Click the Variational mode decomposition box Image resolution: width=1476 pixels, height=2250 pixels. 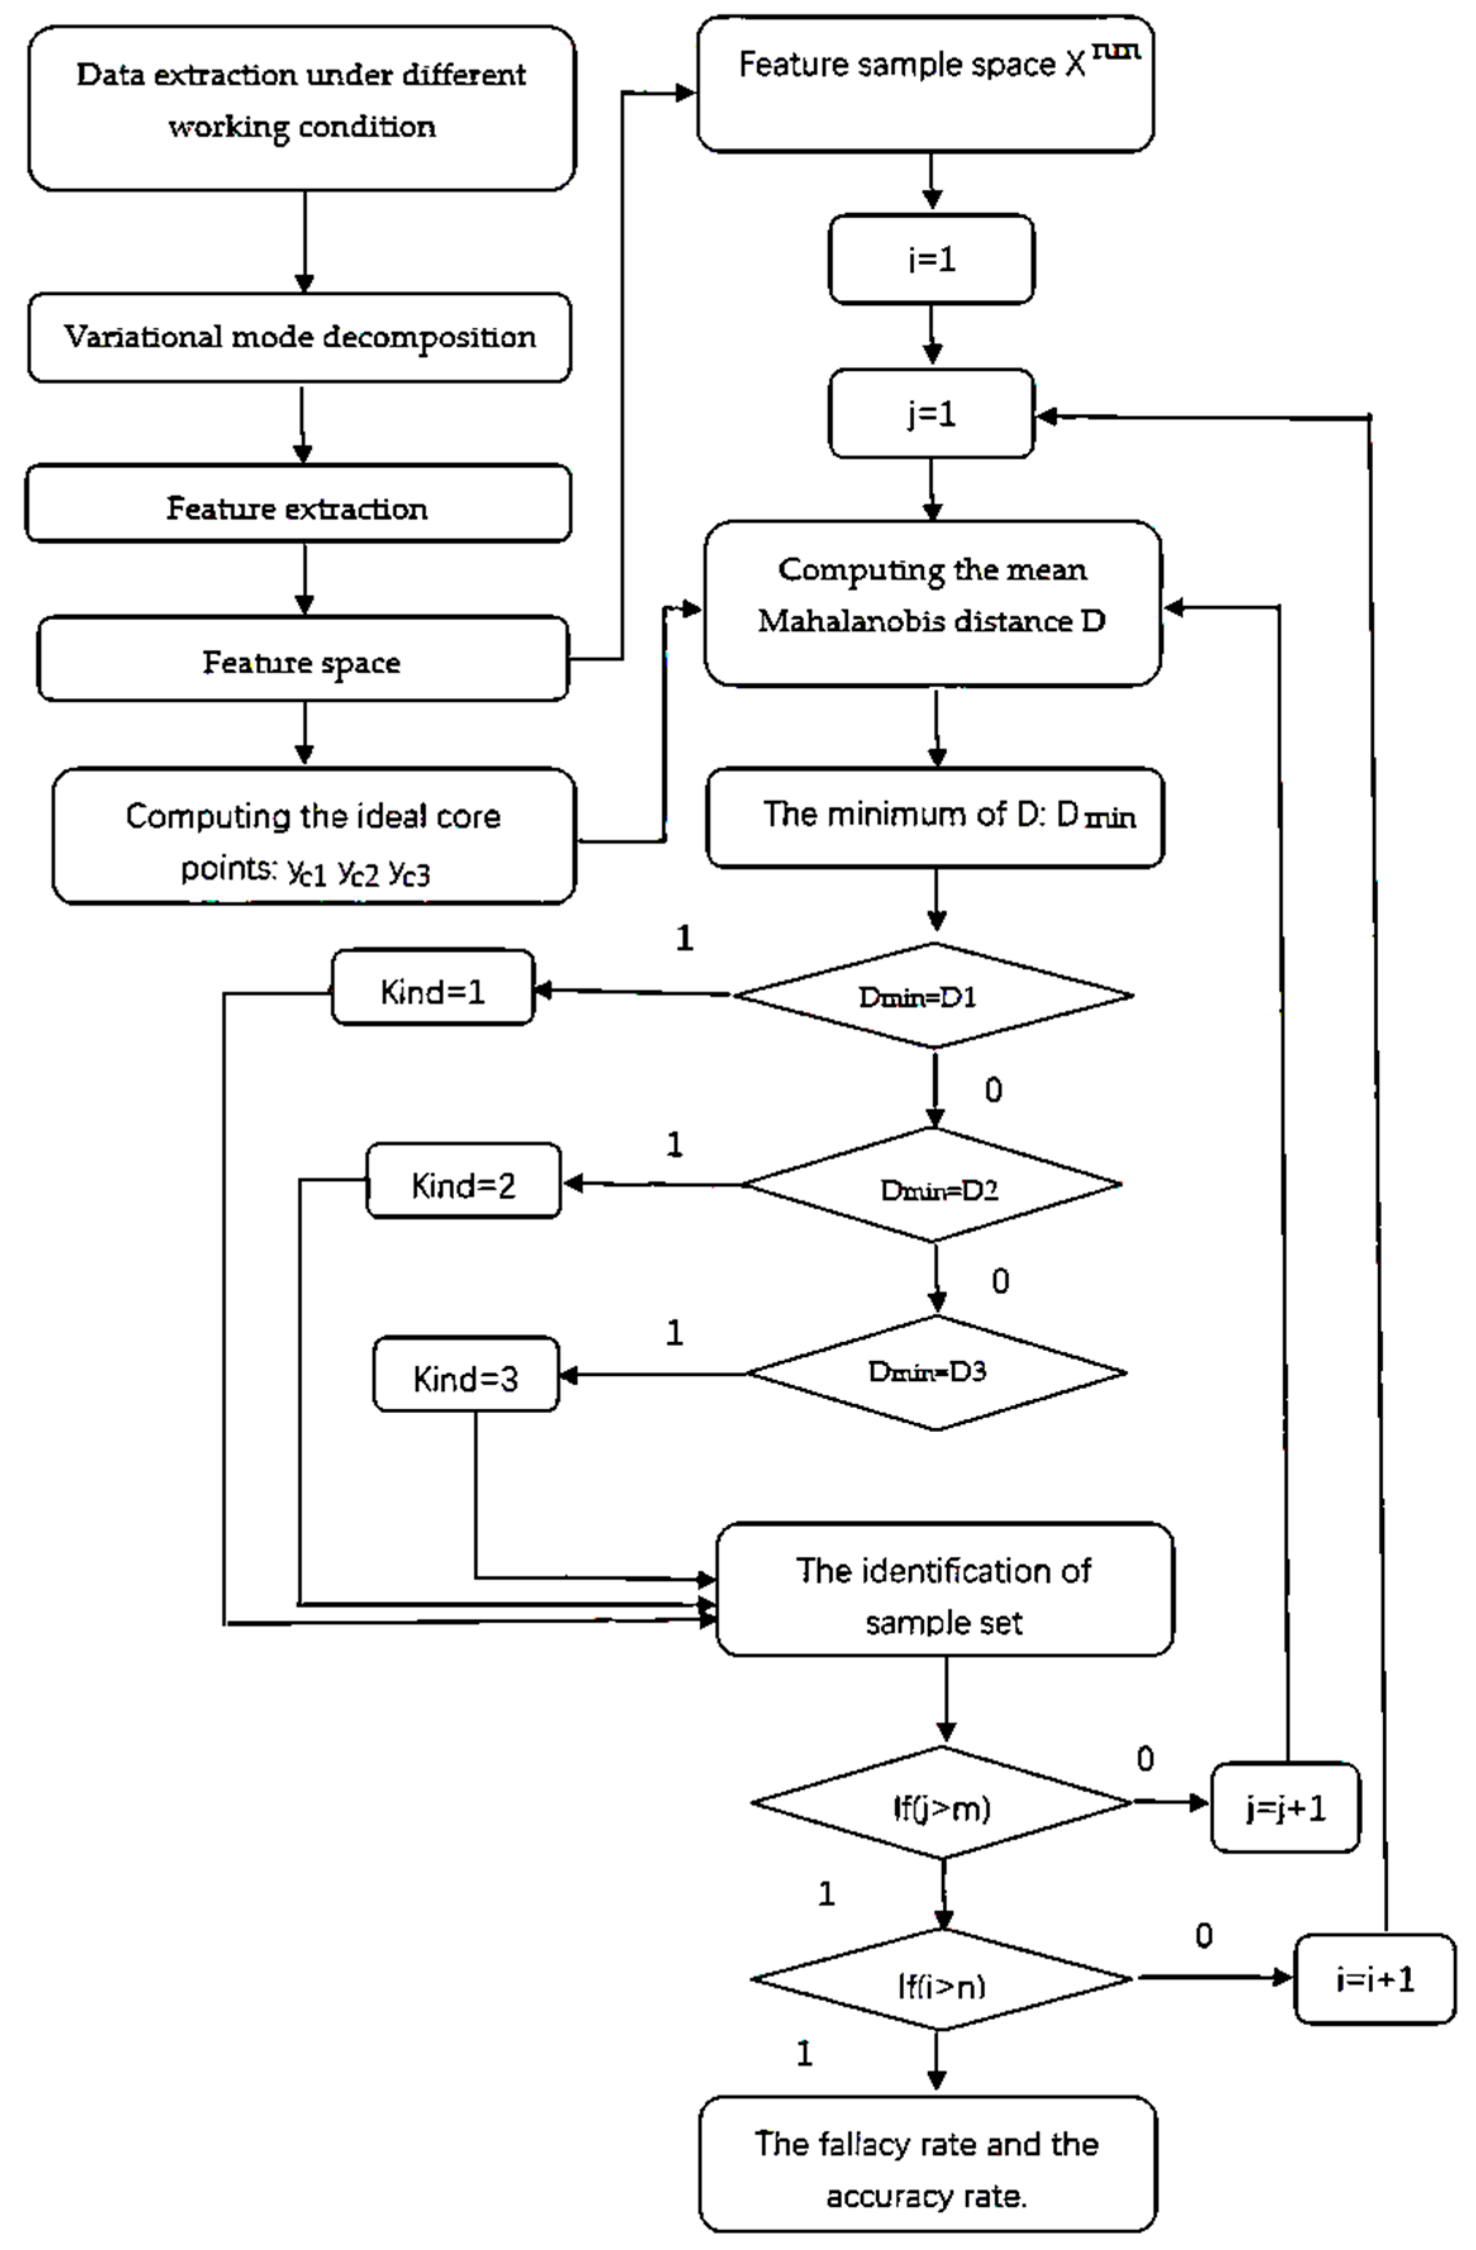point(299,337)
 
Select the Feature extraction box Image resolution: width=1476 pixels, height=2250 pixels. point(297,503)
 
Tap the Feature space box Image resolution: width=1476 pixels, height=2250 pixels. point(302,659)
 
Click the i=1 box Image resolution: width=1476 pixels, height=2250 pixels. point(930,259)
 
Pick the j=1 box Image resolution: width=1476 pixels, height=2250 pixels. point(930,413)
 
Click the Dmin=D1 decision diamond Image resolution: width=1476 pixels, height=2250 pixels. point(932,996)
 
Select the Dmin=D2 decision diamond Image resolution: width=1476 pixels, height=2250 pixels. point(932,1185)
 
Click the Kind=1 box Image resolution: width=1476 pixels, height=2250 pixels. point(432,988)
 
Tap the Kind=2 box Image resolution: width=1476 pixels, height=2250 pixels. point(463,1181)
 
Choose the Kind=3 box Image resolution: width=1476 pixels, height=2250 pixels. point(465,1375)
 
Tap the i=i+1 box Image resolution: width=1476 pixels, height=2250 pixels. point(1373,1980)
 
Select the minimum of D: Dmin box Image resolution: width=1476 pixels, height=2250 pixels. point(934,817)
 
